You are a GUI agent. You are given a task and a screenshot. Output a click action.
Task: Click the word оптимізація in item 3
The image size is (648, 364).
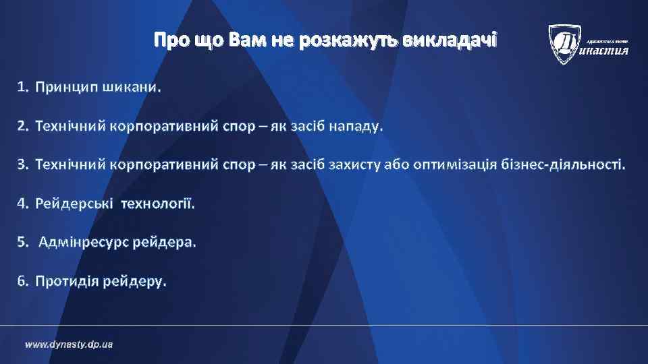click(456, 164)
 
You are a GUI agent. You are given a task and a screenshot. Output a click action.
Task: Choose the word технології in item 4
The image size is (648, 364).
click(157, 203)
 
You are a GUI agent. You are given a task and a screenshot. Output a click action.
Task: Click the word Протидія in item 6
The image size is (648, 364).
click(66, 280)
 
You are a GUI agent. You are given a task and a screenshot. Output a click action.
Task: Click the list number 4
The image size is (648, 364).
click(22, 203)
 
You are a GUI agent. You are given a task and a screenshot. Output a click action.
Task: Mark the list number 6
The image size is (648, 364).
click(22, 280)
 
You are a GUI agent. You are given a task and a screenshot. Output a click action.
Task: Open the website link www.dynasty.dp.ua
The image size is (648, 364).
click(69, 344)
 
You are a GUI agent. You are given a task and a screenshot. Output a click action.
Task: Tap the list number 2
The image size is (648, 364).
click(22, 126)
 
